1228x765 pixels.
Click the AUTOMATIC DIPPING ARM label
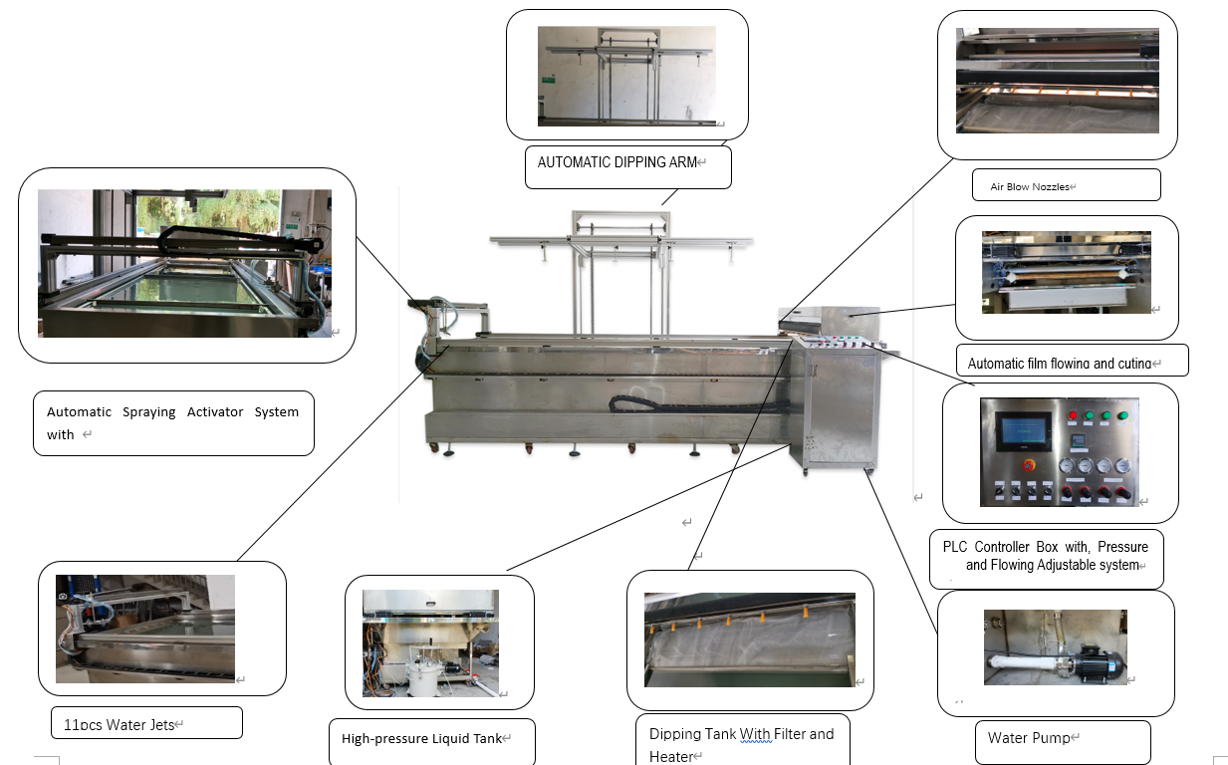(617, 162)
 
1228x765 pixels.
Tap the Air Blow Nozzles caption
(1030, 186)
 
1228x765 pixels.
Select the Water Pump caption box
(1029, 738)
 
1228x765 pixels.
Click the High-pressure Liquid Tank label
(421, 739)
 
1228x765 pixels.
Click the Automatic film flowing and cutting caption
(1059, 364)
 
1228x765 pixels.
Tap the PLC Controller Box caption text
(1045, 556)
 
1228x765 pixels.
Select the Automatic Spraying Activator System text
(172, 423)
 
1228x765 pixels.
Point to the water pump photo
(1056, 647)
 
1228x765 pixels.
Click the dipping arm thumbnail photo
(626, 76)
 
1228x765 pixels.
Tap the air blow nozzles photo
(1057, 81)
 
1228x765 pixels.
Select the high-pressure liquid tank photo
(430, 643)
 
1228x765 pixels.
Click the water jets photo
(145, 629)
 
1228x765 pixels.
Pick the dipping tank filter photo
(749, 640)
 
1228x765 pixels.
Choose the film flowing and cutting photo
(1066, 272)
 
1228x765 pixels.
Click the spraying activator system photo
(184, 263)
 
